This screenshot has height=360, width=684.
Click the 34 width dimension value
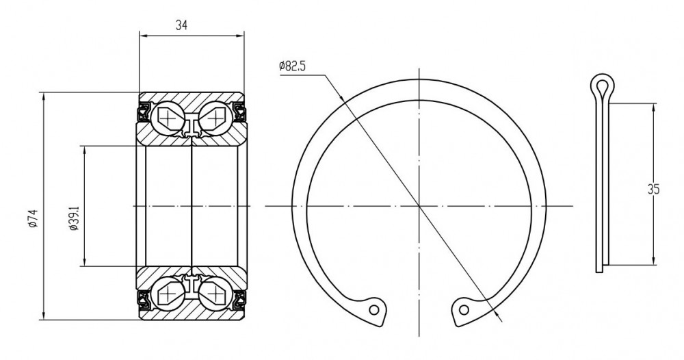[181, 25]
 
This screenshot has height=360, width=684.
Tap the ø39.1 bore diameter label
[74, 218]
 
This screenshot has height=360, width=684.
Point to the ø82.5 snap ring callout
[293, 66]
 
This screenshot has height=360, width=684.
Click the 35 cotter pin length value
[653, 190]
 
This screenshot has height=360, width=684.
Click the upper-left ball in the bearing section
[168, 117]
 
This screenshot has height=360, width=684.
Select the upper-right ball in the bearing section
[215, 117]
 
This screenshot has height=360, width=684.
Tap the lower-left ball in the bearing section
[168, 294]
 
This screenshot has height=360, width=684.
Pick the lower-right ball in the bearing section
[215, 294]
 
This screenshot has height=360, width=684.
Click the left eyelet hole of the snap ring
[374, 309]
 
